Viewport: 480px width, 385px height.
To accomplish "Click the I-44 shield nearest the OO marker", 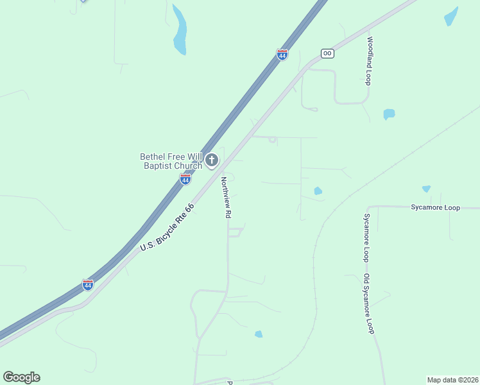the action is (282, 55).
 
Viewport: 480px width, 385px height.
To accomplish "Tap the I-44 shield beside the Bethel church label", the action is (185, 179).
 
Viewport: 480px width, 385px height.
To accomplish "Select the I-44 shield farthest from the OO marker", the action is (88, 284).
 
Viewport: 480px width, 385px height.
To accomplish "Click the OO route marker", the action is (327, 53).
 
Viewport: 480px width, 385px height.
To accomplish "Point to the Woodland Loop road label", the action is (369, 61).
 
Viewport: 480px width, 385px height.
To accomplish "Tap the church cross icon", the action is (212, 160).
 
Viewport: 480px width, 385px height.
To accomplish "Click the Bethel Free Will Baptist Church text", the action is (171, 161).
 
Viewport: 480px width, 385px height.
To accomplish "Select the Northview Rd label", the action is (225, 198).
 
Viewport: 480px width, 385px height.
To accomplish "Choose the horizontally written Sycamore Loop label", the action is (436, 208).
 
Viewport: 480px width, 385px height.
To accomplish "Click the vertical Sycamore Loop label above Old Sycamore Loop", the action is (366, 237).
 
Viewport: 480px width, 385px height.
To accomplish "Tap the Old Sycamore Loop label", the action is (368, 304).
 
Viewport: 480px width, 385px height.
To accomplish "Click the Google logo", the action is (21, 377).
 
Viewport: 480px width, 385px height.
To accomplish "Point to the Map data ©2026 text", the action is (452, 380).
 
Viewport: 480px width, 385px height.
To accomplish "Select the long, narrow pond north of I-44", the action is (180, 31).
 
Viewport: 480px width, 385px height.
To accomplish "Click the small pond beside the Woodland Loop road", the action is (389, 114).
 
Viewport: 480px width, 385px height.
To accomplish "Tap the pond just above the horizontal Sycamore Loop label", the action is (426, 189).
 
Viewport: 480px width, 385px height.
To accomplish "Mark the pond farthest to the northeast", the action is (451, 16).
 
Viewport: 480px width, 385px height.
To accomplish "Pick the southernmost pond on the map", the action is (259, 334).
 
